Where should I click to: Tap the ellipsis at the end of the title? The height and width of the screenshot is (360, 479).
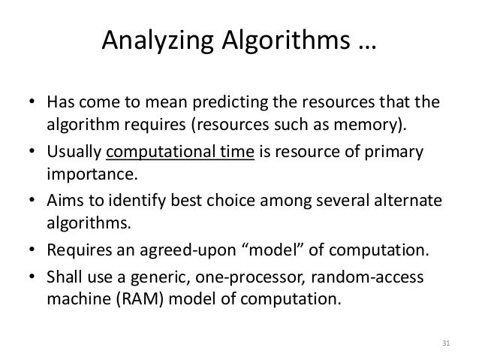[x=363, y=42]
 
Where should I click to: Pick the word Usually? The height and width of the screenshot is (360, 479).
[x=73, y=155]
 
